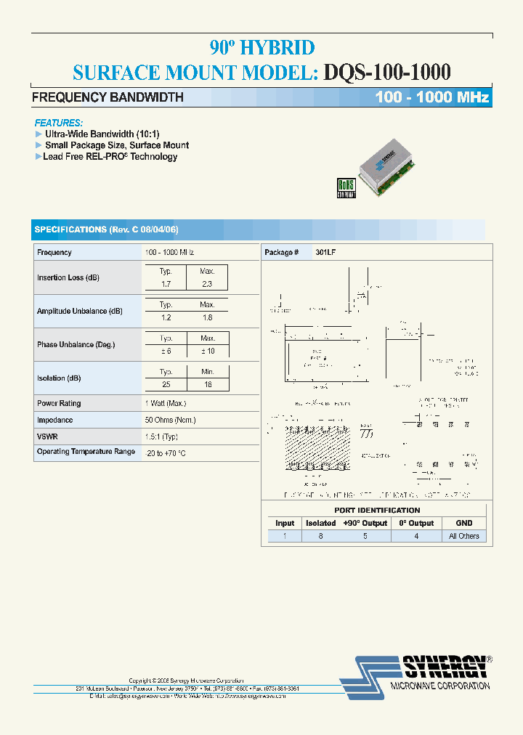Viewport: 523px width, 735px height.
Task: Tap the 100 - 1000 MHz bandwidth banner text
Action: tap(432, 97)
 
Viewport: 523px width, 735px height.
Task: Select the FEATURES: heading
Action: tap(59, 123)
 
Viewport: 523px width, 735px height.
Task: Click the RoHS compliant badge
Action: tap(346, 188)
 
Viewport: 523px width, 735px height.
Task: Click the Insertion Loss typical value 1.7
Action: tap(166, 284)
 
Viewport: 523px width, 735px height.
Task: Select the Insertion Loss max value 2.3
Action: tap(207, 284)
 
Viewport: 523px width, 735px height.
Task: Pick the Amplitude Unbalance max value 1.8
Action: tap(207, 317)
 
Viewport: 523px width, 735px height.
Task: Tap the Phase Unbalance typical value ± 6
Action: tap(166, 351)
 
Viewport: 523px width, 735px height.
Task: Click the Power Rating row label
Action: tap(59, 403)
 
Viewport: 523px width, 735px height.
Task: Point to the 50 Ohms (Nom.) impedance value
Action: tap(170, 420)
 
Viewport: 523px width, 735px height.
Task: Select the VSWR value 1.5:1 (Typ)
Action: tap(161, 436)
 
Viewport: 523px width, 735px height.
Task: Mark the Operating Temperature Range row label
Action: tap(86, 452)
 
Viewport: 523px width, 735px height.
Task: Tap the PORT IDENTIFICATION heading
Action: tap(377, 510)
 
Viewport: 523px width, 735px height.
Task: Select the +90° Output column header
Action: tap(365, 523)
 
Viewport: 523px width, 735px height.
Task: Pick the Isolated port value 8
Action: tap(320, 536)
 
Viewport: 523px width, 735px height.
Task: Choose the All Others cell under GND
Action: tap(464, 536)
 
